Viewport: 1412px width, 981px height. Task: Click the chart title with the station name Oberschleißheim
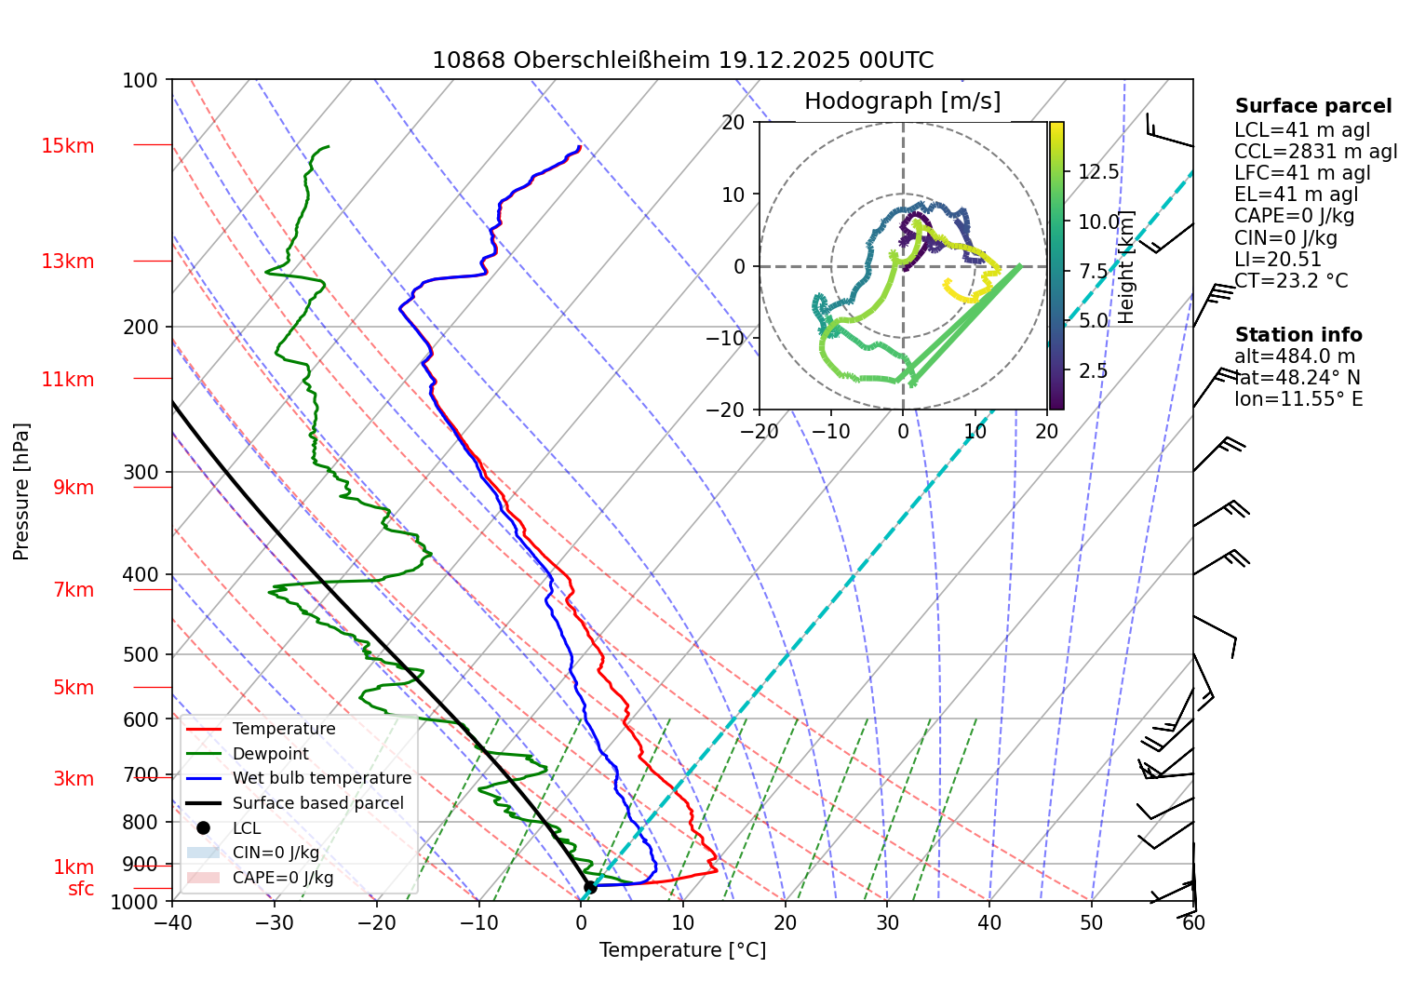click(682, 60)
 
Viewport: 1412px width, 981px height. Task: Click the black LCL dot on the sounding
click(589, 887)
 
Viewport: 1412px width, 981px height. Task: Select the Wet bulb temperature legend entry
click(321, 778)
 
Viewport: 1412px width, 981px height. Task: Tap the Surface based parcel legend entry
click(317, 803)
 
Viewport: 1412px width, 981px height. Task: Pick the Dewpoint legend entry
click(270, 754)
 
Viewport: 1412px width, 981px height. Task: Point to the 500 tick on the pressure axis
click(141, 654)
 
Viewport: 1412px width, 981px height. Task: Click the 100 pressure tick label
click(140, 81)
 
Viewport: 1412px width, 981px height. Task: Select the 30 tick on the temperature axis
click(887, 922)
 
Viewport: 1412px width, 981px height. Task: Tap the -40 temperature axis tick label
click(171, 922)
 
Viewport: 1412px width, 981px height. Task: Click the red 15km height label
click(67, 146)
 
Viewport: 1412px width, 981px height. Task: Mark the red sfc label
click(81, 889)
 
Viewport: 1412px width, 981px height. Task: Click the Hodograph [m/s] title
click(902, 101)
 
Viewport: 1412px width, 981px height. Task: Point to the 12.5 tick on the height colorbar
click(1098, 172)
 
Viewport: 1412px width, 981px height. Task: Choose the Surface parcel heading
click(1312, 106)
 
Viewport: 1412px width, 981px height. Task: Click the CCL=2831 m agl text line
click(1315, 152)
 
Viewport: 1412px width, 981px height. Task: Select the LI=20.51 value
click(1277, 260)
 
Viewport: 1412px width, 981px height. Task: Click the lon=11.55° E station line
click(1298, 399)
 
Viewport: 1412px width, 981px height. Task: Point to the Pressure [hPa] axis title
click(21, 491)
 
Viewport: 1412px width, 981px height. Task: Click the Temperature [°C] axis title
click(682, 950)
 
